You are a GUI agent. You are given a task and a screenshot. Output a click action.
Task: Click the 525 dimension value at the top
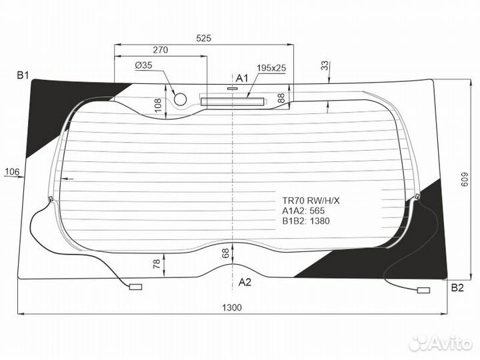coord(203,38)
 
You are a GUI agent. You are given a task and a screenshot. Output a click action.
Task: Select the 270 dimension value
coord(161,50)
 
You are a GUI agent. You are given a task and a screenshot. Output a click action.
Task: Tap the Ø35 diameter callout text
coord(143,65)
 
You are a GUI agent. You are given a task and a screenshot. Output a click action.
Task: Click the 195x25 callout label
coord(271,67)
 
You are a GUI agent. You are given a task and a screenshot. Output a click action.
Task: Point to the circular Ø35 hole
coord(180,99)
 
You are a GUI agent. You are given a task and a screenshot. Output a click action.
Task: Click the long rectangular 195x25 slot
coord(233,101)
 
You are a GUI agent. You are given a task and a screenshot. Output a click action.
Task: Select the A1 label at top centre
coord(242,79)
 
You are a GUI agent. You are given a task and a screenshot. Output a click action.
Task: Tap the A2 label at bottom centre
coord(245,282)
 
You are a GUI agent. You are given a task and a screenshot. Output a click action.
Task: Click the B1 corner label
coord(23,75)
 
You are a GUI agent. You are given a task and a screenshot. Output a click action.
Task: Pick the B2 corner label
coord(457,288)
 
